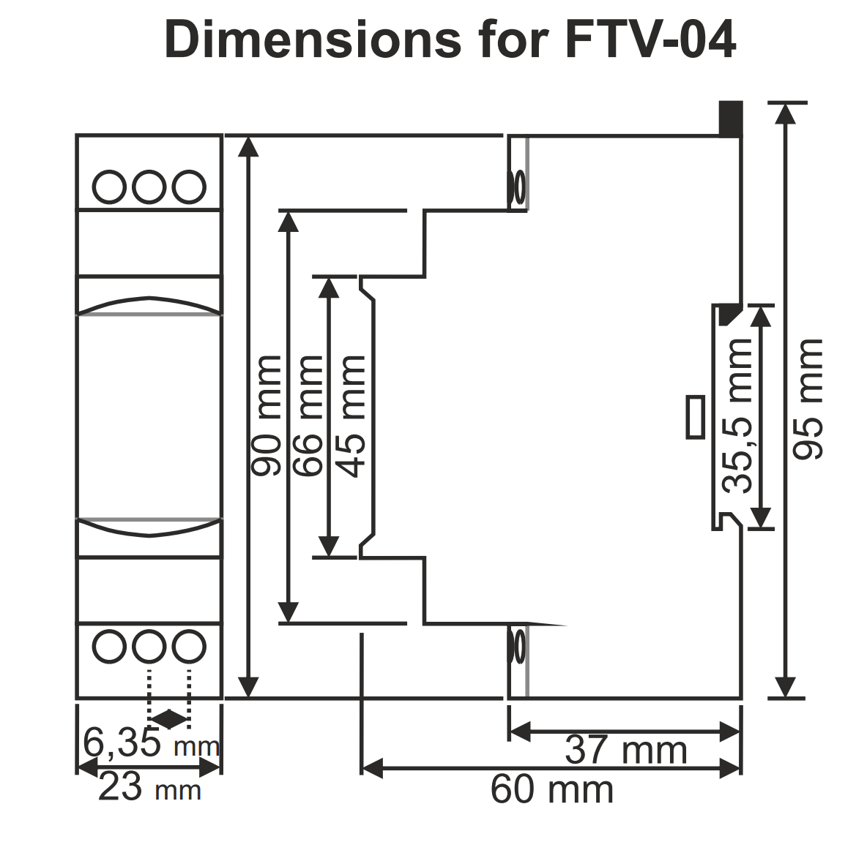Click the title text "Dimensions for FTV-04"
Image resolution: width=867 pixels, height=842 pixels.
(450, 40)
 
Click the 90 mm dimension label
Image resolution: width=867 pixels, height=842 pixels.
(267, 415)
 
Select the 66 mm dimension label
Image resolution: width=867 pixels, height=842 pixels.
(308, 415)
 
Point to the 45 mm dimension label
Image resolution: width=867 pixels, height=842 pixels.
(351, 415)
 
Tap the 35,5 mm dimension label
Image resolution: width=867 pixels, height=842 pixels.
(738, 415)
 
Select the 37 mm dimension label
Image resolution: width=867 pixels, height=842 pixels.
(626, 750)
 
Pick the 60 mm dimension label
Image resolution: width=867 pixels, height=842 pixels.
(551, 789)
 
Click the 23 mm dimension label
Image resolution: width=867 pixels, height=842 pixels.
(149, 788)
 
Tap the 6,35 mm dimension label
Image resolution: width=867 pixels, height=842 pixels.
(151, 743)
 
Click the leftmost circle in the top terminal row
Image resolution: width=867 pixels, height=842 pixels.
(110, 187)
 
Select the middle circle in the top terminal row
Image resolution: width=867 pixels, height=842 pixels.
(149, 187)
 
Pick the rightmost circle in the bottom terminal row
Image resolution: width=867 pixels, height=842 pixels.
(189, 646)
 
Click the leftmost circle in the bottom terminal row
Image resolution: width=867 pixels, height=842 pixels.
(110, 646)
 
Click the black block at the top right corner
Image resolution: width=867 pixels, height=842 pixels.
(730, 119)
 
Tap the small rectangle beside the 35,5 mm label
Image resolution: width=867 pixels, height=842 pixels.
(695, 417)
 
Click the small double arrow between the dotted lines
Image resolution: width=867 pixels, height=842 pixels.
(169, 719)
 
